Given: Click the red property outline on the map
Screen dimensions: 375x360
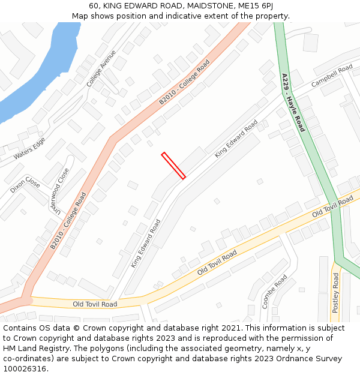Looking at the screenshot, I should [x=173, y=166].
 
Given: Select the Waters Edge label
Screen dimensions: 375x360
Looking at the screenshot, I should [x=29, y=148].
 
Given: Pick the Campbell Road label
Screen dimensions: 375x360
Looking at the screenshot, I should [x=332, y=76].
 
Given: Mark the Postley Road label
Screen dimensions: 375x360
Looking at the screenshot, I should [x=335, y=293].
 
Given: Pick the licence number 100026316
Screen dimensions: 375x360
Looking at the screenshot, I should [x=25, y=369].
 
